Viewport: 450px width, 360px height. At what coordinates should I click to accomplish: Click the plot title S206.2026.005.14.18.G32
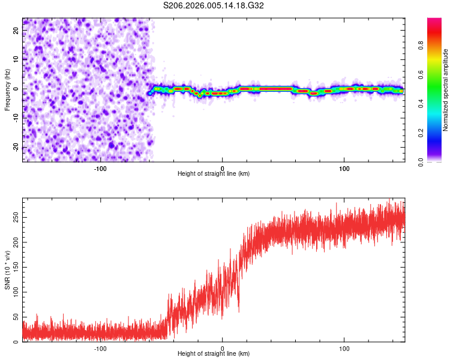tap(214, 5)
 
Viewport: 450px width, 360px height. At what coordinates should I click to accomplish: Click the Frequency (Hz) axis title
tap(7, 90)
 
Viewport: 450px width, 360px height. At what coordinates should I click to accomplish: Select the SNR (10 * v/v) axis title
tap(7, 270)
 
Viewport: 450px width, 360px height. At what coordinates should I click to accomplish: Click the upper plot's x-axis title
tap(214, 173)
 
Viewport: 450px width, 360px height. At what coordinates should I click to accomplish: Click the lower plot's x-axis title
tap(214, 353)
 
